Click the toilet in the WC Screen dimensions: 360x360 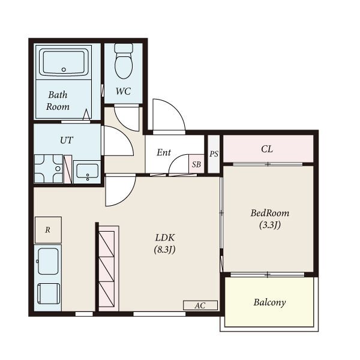pos(124,61)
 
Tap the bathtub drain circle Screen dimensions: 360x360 pos(64,70)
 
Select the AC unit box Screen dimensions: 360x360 pos(200,305)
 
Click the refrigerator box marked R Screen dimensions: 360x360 pos(48,230)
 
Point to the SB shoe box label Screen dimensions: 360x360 pos(196,164)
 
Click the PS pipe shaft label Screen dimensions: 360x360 pos(214,154)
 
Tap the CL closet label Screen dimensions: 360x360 pos(267,149)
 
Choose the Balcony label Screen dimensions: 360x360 pos(269,302)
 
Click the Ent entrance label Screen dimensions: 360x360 pos(164,152)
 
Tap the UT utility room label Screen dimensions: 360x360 pos(67,140)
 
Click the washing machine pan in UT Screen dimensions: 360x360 pos(49,169)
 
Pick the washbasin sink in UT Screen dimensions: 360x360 pos(87,172)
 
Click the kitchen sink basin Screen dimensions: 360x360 pos(48,261)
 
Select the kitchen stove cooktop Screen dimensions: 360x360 pos(49,294)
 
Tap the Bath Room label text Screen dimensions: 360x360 pos(58,101)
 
